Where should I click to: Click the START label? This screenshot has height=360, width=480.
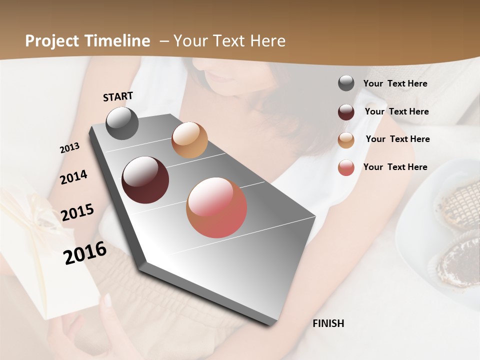click(x=118, y=96)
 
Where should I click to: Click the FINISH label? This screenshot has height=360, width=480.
click(x=328, y=323)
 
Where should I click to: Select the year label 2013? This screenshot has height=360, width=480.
click(x=69, y=148)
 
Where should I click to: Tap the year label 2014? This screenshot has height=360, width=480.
click(x=73, y=177)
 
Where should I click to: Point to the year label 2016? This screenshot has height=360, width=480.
click(x=85, y=253)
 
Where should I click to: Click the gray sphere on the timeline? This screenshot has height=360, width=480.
click(x=122, y=123)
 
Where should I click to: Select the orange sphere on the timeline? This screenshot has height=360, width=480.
click(x=189, y=140)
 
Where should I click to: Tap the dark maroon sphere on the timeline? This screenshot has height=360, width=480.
click(x=145, y=180)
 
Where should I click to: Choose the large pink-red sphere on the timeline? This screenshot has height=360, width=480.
click(x=216, y=207)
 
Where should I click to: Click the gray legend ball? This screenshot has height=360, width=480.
click(x=346, y=83)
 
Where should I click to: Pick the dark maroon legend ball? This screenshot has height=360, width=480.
click(x=346, y=112)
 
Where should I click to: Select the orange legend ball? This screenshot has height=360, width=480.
click(x=346, y=139)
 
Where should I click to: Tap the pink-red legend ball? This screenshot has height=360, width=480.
click(x=346, y=167)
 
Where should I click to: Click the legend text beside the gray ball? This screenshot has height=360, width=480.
click(x=395, y=84)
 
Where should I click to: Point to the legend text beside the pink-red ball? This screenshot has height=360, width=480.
click(x=395, y=167)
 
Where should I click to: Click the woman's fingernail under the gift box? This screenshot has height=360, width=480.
click(x=107, y=300)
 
